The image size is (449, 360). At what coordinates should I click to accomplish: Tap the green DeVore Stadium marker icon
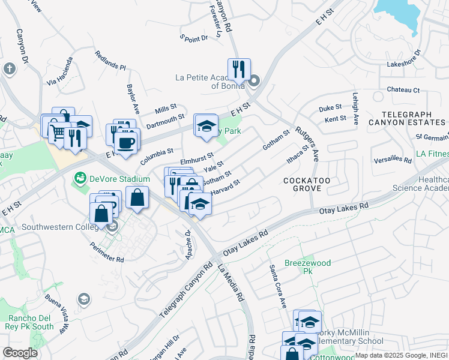coord(79,178)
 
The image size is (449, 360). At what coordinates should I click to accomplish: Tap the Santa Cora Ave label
coord(277,286)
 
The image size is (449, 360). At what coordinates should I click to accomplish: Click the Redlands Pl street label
coord(110,60)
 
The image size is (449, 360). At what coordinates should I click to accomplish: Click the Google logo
coord(20,352)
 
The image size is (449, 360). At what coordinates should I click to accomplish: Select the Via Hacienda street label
coord(60,71)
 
